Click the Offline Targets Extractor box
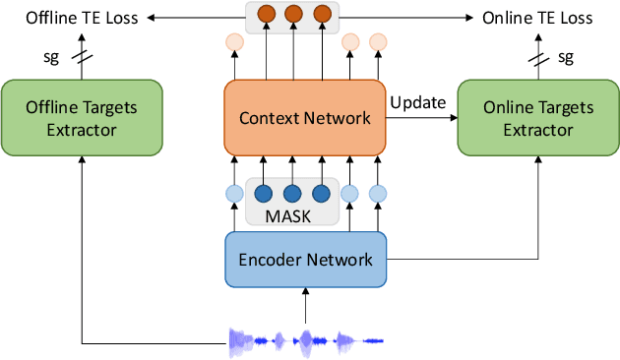pos(82,118)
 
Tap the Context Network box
pos(305,118)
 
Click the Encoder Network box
pos(305,260)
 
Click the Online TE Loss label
pos(536,18)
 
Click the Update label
pos(417,102)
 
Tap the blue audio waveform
pos(305,340)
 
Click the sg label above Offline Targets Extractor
pos(53,57)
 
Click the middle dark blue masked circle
pos(291,193)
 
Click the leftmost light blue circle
pos(234,193)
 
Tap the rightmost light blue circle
pos(377,193)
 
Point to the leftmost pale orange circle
pos(234,42)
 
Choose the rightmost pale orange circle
pos(377,42)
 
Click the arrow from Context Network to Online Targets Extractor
pos(421,118)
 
